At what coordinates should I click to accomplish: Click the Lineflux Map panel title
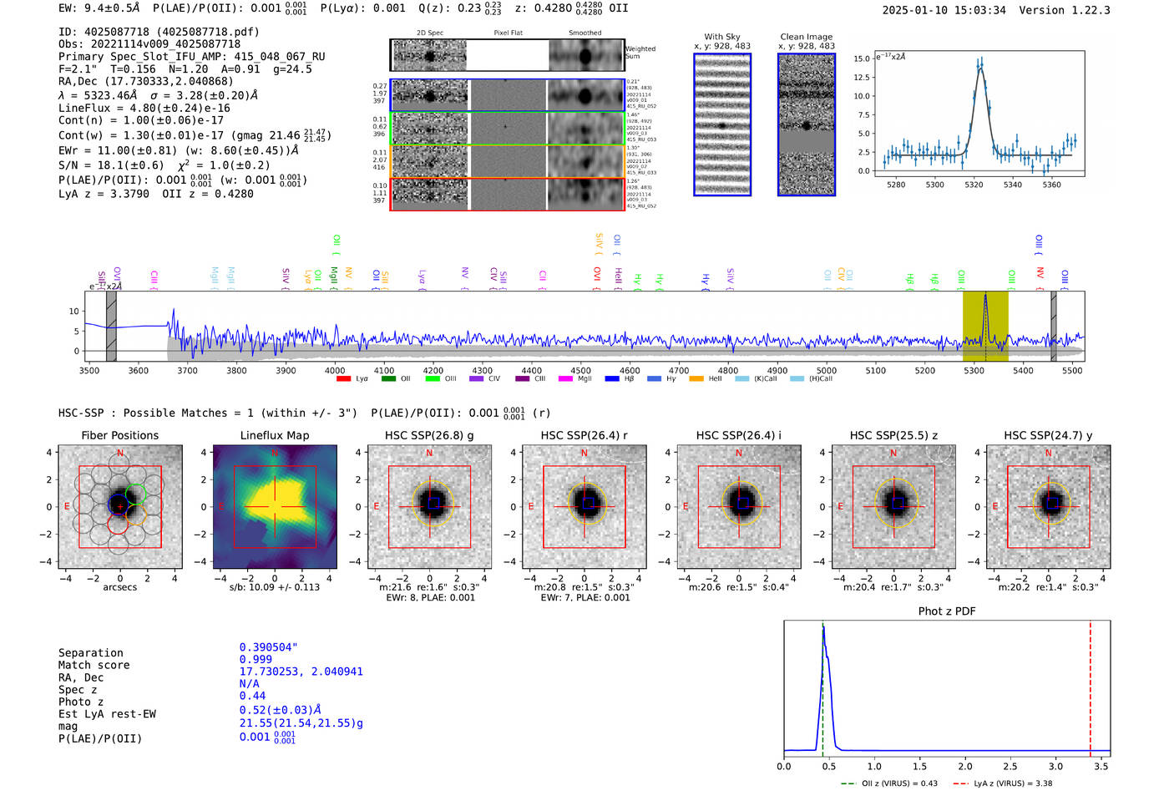tap(274, 435)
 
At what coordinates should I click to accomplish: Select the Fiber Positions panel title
tap(119, 435)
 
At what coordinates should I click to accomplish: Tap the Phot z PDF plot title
tap(946, 611)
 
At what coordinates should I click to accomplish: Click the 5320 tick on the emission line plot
tap(974, 185)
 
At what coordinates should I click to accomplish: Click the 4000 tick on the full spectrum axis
tap(335, 371)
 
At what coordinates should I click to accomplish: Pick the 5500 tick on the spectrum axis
tap(1072, 371)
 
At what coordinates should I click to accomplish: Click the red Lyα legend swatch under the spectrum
tap(343, 379)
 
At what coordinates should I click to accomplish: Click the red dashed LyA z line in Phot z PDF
tap(1090, 685)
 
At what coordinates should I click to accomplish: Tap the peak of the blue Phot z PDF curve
tap(823, 627)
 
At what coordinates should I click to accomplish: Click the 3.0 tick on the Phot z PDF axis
tap(1055, 766)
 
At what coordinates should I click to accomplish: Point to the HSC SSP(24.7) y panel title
tap(1048, 435)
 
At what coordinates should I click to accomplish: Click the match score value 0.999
tap(255, 660)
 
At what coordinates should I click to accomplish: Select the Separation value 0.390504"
tap(268, 647)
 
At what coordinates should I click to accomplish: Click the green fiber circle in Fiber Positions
tap(135, 494)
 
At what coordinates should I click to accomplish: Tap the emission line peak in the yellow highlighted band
tap(985, 295)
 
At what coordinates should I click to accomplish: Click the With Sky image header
tap(721, 37)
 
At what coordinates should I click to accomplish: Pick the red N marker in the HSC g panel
tap(429, 454)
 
